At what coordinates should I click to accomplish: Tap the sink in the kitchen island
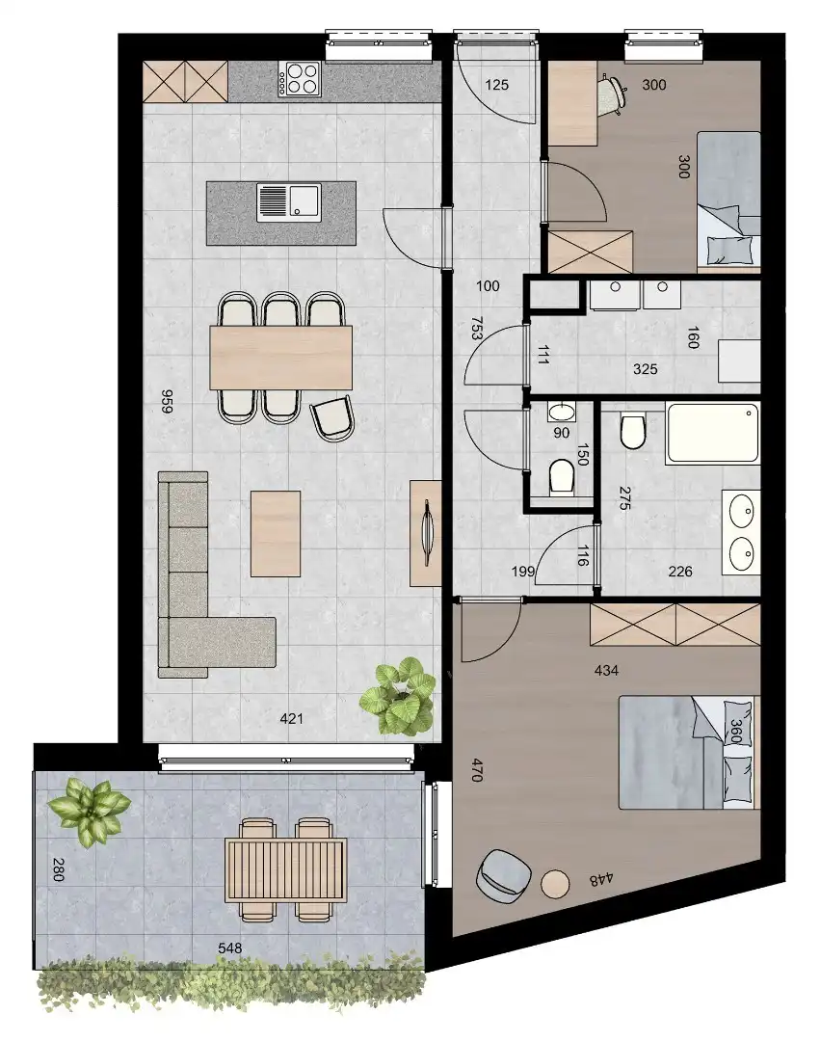click(289, 202)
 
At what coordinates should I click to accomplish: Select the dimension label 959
click(166, 401)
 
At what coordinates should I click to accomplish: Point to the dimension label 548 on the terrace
click(229, 948)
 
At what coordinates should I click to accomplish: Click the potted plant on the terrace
click(91, 810)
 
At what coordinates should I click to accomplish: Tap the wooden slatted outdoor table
click(285, 869)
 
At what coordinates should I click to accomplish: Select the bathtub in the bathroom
click(711, 434)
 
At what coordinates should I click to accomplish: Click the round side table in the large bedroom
click(556, 883)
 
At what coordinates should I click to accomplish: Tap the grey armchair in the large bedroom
click(504, 875)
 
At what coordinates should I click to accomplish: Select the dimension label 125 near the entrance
click(496, 86)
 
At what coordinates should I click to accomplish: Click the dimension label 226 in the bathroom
click(680, 572)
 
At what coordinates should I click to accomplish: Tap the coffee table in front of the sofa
click(276, 532)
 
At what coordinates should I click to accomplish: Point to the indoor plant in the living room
click(398, 696)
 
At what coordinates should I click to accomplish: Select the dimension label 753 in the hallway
click(477, 333)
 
